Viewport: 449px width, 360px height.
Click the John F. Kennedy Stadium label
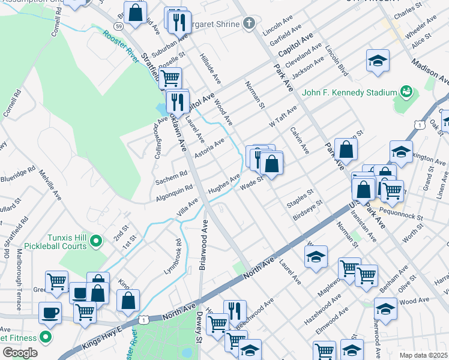(349, 92)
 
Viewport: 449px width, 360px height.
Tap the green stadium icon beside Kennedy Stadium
(406, 92)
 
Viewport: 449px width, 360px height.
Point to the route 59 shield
(118, 26)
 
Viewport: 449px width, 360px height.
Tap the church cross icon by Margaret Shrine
(249, 24)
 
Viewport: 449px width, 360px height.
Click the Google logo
(20, 353)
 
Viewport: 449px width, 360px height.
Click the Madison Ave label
(430, 71)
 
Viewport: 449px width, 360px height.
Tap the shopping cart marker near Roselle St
(170, 77)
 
